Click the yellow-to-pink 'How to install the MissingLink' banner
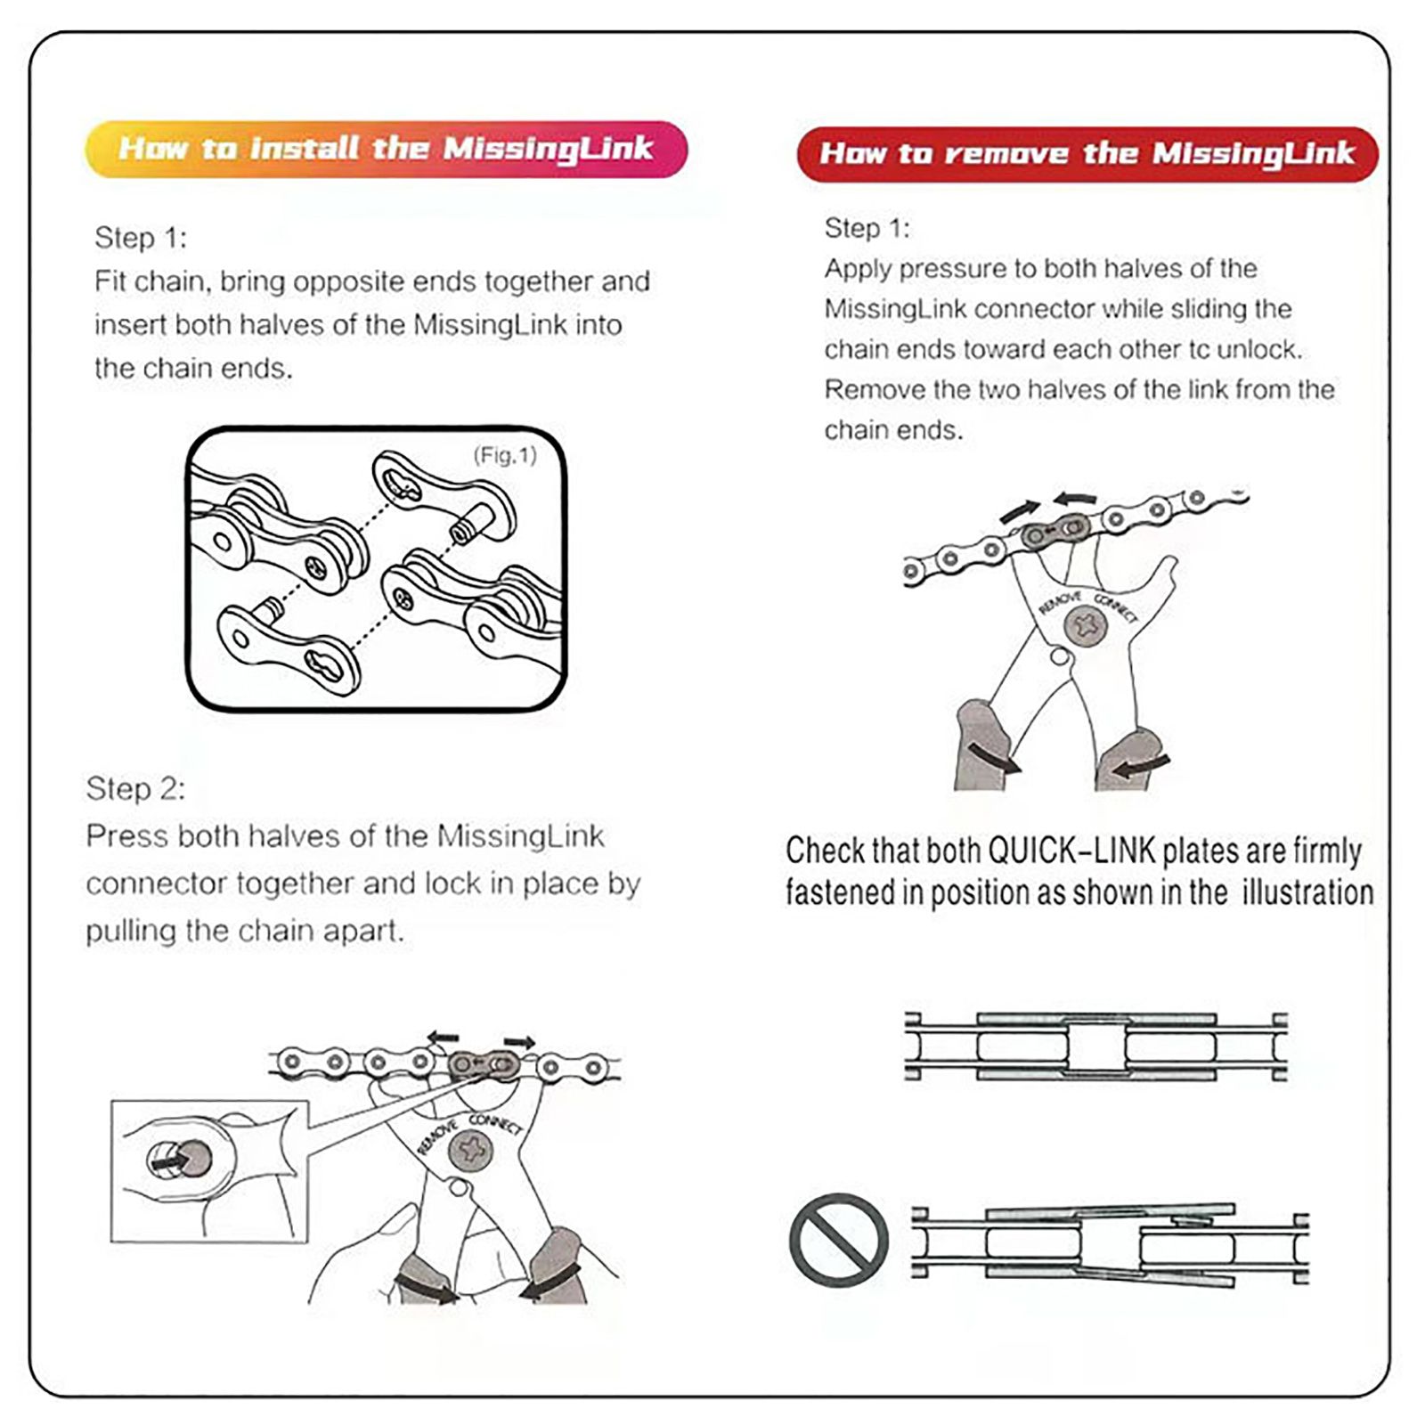(x=386, y=149)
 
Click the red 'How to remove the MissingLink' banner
(x=1087, y=154)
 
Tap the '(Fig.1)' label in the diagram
(x=504, y=456)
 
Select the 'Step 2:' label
(x=135, y=789)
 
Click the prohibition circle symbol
(x=838, y=1240)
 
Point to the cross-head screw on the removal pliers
(x=1086, y=625)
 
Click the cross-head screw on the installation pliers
(x=469, y=1150)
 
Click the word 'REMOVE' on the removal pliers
(x=1060, y=603)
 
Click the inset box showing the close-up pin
(x=209, y=1170)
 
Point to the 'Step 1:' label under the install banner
(x=141, y=238)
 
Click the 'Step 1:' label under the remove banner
(x=867, y=229)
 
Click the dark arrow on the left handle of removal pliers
(x=994, y=759)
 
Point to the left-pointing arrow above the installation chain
(x=443, y=1038)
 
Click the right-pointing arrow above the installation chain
(x=519, y=1042)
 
